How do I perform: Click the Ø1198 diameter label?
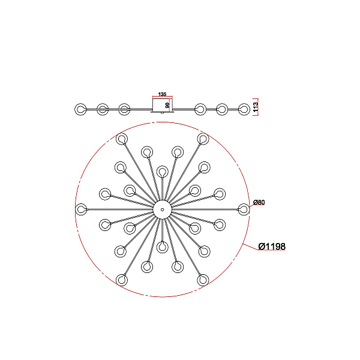click(272, 247)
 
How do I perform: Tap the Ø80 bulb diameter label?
click(259, 202)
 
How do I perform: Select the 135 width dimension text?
click(162, 94)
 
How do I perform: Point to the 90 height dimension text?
click(167, 106)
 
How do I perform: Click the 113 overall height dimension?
click(256, 107)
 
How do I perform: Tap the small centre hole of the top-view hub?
click(163, 209)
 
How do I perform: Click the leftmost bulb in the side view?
click(80, 109)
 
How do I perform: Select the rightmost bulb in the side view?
click(244, 109)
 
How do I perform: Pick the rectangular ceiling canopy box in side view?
click(163, 104)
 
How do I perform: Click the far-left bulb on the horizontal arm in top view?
click(81, 209)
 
